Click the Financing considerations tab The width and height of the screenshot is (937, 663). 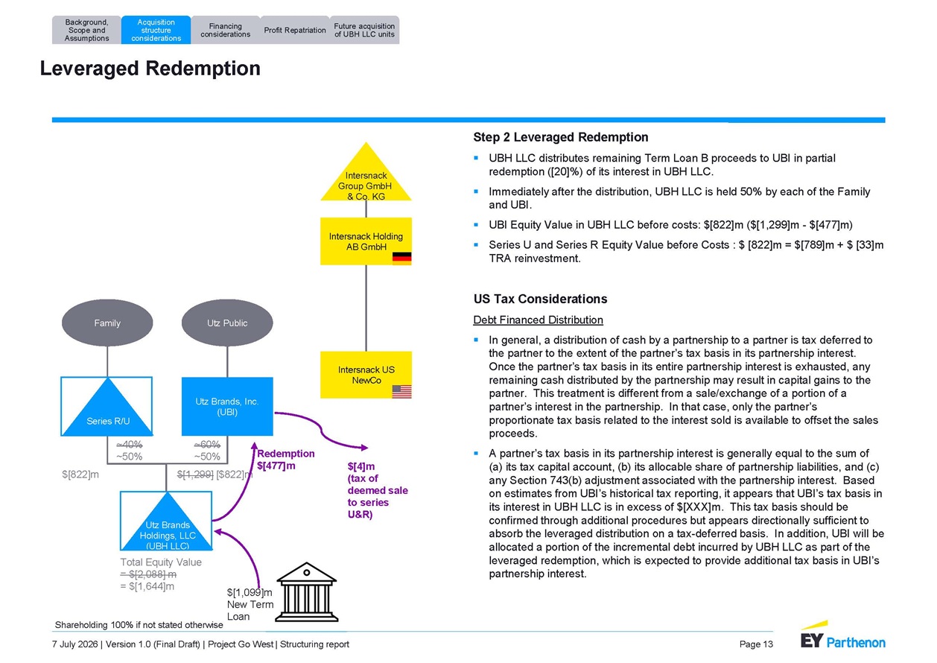pos(226,30)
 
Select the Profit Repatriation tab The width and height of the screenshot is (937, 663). pos(295,30)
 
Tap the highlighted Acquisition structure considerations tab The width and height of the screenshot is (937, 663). pos(156,30)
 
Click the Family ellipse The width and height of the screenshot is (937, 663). pos(107,323)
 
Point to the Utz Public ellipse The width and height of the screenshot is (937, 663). pos(227,323)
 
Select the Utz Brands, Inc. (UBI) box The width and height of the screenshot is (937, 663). pos(227,407)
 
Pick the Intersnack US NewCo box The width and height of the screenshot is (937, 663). pos(366,375)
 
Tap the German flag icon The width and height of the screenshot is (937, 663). pos(401,258)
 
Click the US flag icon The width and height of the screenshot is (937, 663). pos(401,392)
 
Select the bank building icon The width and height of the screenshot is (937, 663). pos(307,592)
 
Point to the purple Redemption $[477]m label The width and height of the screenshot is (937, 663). pos(286,460)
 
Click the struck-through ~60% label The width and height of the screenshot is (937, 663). pos(207,444)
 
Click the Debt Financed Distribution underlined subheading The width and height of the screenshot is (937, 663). pos(538,320)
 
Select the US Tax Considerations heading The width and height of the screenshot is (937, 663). pos(540,299)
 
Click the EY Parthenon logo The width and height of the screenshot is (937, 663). pos(843,636)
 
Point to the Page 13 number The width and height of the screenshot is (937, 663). pos(756,644)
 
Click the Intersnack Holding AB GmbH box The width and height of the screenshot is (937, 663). pos(366,241)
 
